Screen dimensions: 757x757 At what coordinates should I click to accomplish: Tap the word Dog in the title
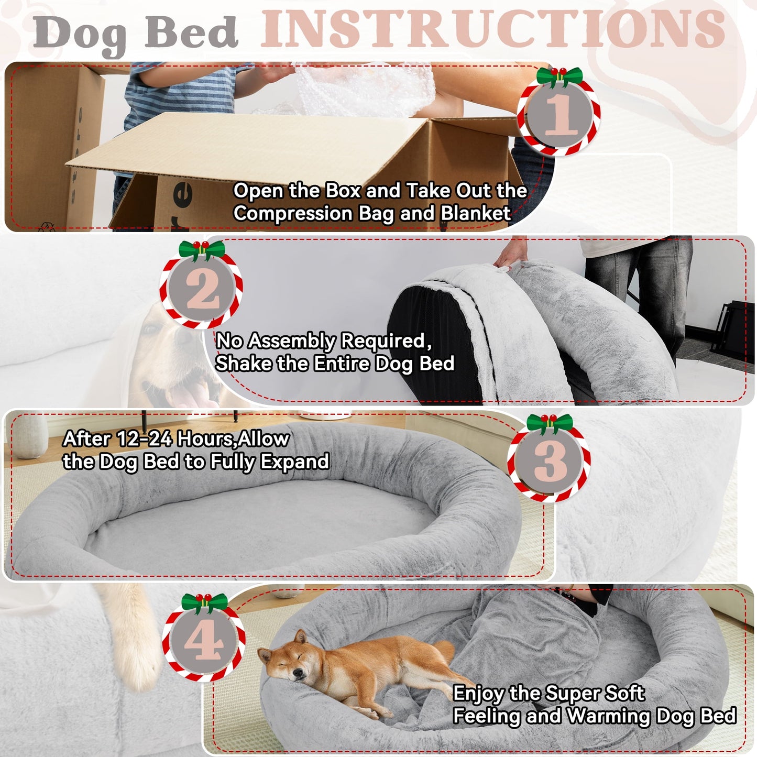point(80,32)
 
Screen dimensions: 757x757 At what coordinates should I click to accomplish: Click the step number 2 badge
point(202,289)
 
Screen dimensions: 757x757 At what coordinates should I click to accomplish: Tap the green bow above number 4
point(204,602)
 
